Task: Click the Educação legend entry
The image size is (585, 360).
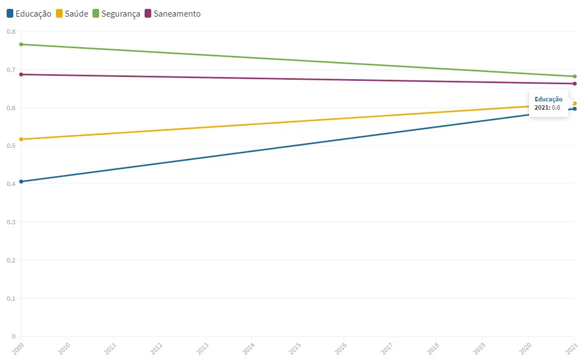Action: coord(29,13)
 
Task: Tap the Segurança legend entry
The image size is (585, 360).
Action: coord(116,13)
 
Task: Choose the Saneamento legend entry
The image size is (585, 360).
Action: coord(172,13)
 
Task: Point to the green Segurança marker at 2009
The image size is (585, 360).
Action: coord(21,44)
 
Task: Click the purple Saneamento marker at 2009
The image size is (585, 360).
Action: coord(21,74)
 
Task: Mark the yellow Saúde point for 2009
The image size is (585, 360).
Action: coord(21,139)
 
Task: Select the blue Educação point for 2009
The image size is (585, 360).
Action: coord(21,181)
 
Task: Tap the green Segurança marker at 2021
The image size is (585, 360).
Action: coord(574,76)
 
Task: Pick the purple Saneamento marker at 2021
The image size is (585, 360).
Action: coord(574,84)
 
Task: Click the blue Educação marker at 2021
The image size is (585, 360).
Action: coord(574,109)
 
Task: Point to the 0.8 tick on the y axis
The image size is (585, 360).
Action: coord(11,32)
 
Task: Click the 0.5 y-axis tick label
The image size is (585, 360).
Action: coord(11,146)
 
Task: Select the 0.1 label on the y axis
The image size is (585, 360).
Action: coord(11,298)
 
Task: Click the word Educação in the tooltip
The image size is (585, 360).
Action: coord(548,99)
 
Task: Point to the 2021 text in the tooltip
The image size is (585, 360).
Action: coord(542,107)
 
